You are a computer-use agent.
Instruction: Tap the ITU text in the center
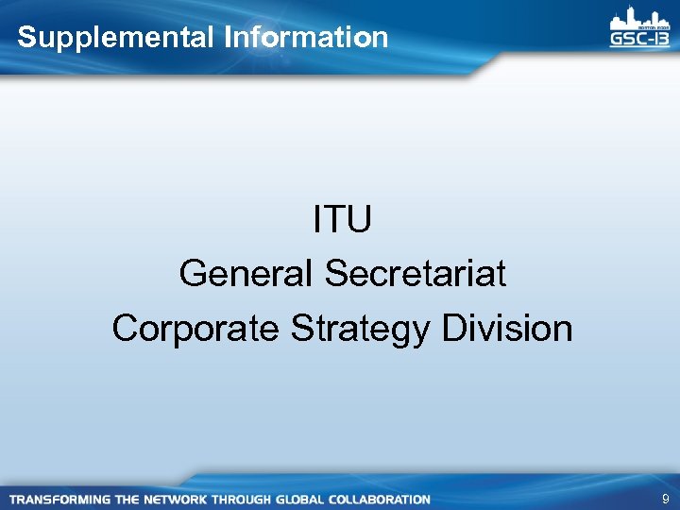click(x=342, y=220)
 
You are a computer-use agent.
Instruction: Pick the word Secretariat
click(x=415, y=275)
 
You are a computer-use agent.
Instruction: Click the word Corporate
click(x=195, y=329)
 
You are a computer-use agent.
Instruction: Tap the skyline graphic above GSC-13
click(x=639, y=18)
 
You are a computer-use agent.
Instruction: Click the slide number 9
click(x=665, y=498)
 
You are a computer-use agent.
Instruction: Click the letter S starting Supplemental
click(x=25, y=38)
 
